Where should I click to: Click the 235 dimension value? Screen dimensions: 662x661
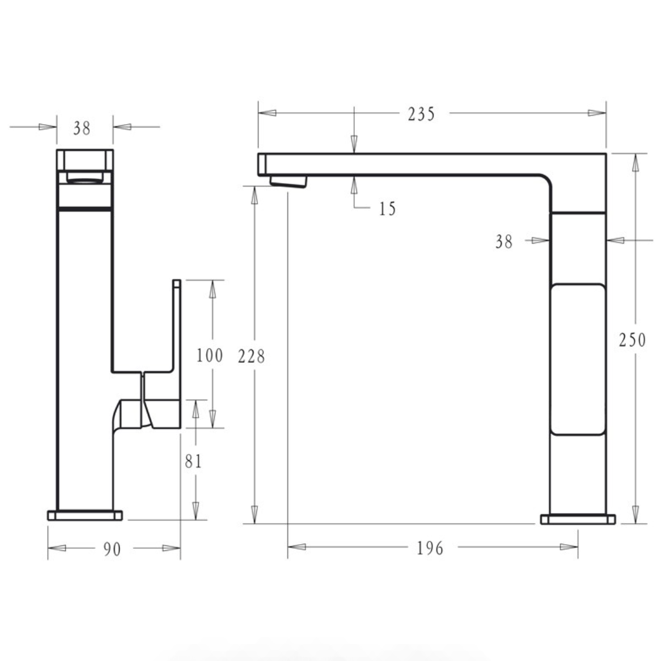421,114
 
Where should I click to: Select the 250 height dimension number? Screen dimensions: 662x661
632,340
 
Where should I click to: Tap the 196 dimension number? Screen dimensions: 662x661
430,548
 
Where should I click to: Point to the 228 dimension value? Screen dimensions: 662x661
251,357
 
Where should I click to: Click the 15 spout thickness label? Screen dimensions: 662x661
387,209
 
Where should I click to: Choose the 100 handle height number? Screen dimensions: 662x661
209,355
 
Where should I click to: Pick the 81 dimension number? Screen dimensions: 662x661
193,461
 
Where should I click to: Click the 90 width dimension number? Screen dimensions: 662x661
112,549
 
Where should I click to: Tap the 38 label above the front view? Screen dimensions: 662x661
82,128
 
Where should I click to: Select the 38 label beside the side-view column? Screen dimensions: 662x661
504,242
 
